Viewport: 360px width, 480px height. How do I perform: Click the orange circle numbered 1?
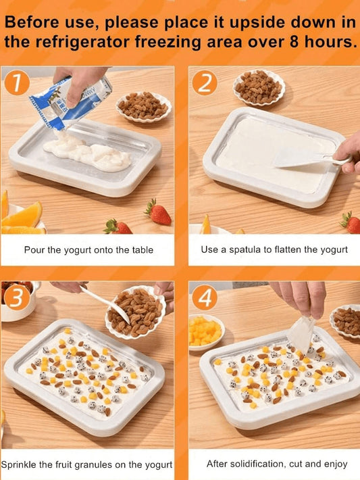tap(17, 82)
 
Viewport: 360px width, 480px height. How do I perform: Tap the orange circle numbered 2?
tap(205, 82)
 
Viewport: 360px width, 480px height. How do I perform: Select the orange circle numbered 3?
tap(17, 297)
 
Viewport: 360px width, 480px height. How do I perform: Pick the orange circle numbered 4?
tap(205, 297)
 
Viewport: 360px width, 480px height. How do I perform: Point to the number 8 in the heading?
tap(294, 41)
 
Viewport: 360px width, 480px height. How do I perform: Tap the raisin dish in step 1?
tap(143, 107)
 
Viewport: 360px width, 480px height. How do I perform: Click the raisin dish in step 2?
tap(259, 87)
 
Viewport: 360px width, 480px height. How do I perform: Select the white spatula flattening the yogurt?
tap(309, 159)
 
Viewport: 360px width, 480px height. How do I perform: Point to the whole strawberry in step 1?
tap(158, 212)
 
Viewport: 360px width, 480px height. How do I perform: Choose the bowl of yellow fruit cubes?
tap(206, 332)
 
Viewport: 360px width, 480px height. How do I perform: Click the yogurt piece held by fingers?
tap(301, 334)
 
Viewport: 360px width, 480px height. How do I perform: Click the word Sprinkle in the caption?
tap(18, 464)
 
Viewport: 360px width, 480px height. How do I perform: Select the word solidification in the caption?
tap(257, 464)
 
